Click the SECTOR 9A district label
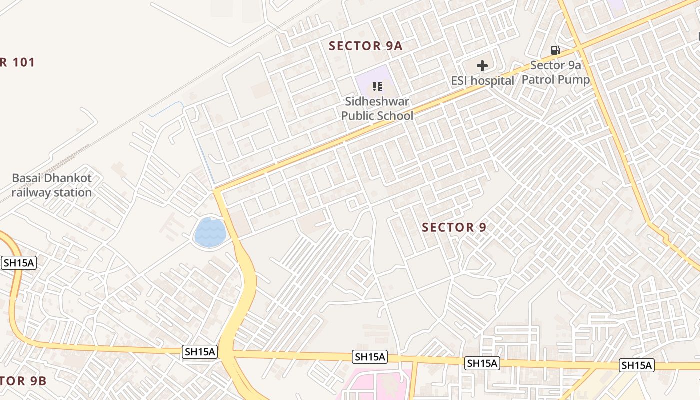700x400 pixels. tap(365, 46)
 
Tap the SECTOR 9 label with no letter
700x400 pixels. tap(454, 228)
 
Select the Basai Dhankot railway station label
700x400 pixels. tap(52, 185)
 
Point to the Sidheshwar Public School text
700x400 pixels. tap(377, 109)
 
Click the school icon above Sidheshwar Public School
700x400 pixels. tap(377, 87)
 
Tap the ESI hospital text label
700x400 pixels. tap(482, 81)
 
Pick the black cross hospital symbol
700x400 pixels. tap(482, 66)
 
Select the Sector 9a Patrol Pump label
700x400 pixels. tap(555, 72)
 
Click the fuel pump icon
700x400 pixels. tap(555, 50)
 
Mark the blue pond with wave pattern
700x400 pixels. tap(210, 233)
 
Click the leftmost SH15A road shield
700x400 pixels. tap(19, 263)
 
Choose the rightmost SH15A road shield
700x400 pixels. tap(636, 365)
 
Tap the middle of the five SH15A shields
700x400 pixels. tap(370, 357)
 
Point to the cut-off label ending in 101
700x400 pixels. tap(17, 63)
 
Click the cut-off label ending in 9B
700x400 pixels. tap(23, 381)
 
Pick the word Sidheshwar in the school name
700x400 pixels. tap(377, 102)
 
